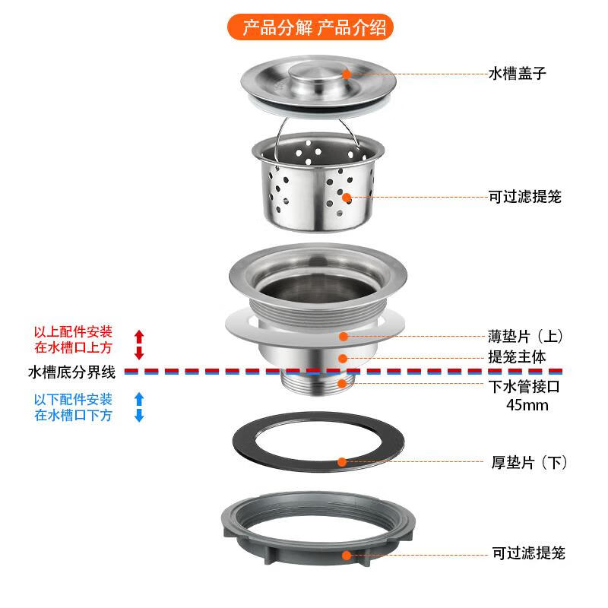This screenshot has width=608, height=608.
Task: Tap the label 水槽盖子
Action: click(x=517, y=74)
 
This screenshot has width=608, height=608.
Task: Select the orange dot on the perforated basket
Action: click(x=347, y=197)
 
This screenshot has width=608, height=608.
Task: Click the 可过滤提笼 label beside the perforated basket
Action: click(x=525, y=197)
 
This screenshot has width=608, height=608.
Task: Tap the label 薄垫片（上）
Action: click(x=525, y=336)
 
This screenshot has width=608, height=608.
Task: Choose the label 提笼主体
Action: click(x=517, y=356)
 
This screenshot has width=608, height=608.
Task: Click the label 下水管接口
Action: click(x=525, y=385)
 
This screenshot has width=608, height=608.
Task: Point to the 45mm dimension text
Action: click(x=527, y=404)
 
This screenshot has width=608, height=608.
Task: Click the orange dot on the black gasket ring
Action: click(x=342, y=461)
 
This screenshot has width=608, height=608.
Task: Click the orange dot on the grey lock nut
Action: click(x=347, y=554)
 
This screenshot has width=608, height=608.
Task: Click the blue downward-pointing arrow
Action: click(x=138, y=415)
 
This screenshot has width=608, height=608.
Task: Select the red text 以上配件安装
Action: click(x=73, y=332)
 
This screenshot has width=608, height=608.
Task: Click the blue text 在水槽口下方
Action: click(x=73, y=415)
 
